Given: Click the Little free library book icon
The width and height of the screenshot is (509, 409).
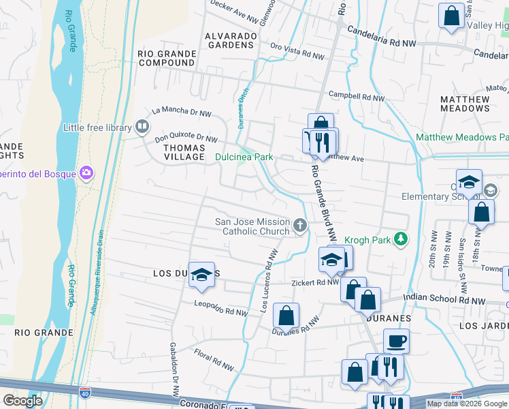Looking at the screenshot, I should [142, 126].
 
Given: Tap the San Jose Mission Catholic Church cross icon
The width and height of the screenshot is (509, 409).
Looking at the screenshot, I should [300, 224].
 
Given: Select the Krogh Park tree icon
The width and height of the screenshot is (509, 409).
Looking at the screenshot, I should [402, 239].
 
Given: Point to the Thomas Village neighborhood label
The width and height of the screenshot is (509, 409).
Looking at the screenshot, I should [174, 152].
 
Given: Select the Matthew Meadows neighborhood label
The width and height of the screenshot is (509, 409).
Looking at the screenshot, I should [465, 104].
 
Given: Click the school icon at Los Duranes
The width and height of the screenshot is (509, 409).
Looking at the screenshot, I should [201, 274].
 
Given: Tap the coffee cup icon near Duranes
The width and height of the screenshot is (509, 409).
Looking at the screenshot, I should [396, 340].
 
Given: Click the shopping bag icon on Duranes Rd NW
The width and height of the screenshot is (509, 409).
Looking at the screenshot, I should [286, 315].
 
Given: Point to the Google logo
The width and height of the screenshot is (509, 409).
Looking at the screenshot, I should [22, 401].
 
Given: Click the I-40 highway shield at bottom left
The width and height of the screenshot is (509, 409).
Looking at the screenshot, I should [84, 394].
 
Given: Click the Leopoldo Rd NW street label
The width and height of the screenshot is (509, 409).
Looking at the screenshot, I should [220, 308].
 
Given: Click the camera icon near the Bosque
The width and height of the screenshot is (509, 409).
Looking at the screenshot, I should [86, 173].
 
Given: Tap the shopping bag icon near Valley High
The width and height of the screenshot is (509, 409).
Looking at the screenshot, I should [451, 16].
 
